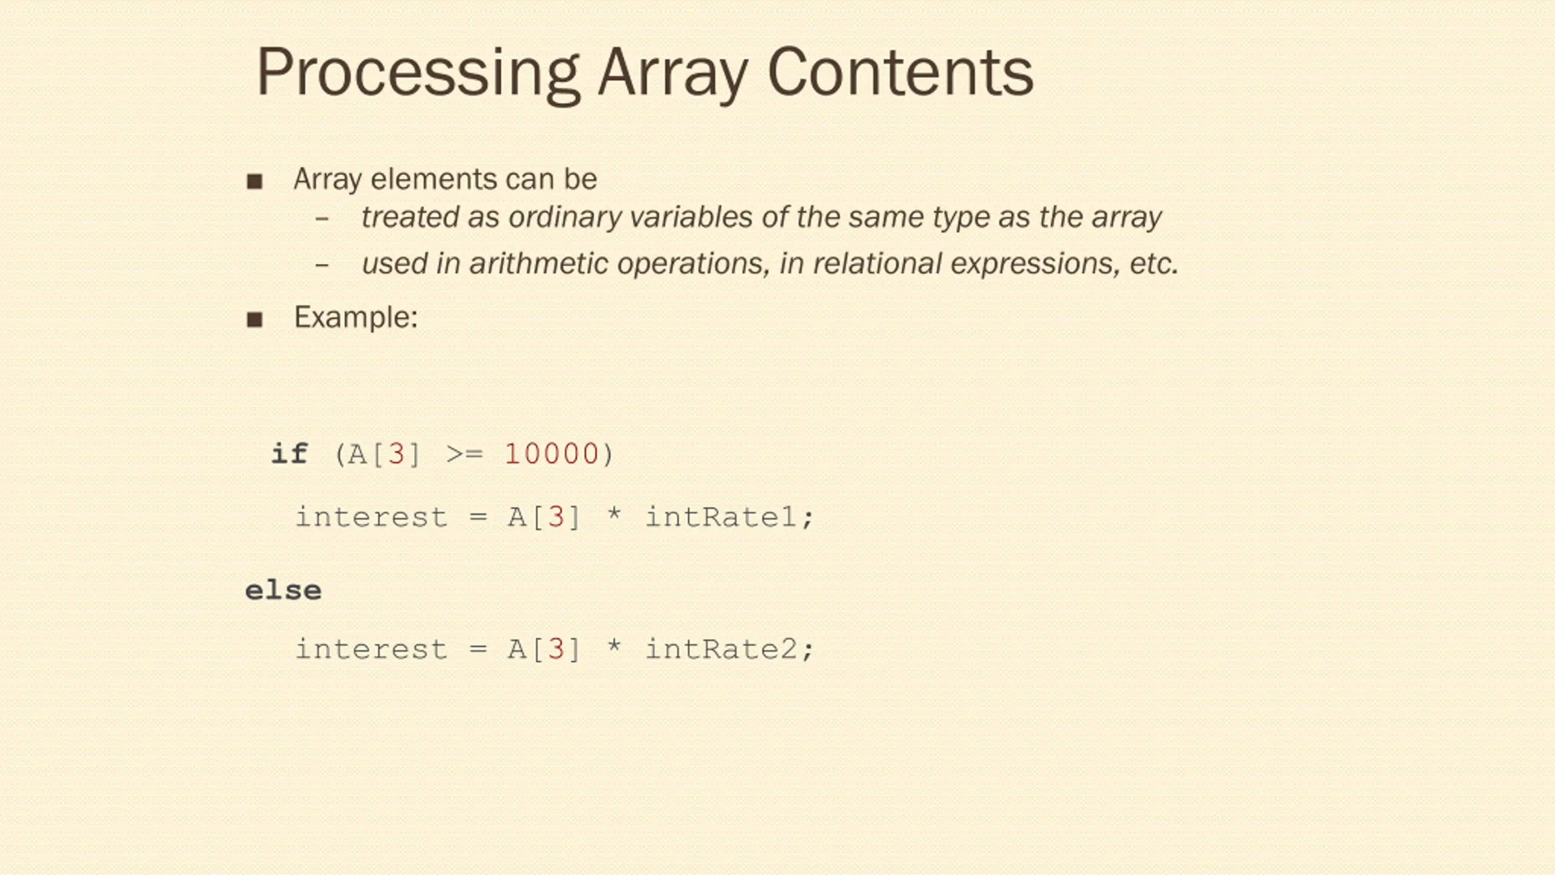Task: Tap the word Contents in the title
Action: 900,73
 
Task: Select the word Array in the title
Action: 673,73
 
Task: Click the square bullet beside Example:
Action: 255,319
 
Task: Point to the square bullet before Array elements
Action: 255,181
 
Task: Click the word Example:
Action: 356,317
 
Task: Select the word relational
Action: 877,264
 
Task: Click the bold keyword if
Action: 289,454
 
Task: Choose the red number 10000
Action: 552,454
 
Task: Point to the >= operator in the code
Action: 464,454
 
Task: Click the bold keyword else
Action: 283,590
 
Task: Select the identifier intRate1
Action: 721,517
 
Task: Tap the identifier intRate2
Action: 721,649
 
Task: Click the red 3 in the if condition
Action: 396,454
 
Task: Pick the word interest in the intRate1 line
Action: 371,517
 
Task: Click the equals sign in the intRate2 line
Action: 478,649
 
